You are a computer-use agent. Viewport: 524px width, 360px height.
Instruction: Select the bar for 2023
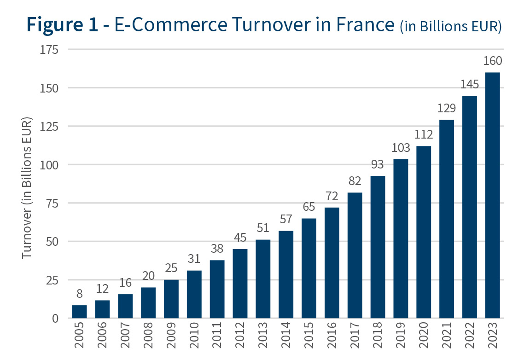click(492, 195)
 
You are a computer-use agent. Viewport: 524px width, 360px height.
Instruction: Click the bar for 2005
click(79, 312)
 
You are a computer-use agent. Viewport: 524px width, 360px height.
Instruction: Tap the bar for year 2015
click(309, 268)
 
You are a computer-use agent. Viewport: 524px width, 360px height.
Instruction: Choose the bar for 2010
click(194, 294)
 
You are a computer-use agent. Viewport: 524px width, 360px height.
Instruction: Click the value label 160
click(492, 61)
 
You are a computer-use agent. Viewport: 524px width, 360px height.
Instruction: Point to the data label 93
click(378, 164)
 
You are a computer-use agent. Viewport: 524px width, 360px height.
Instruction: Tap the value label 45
click(240, 238)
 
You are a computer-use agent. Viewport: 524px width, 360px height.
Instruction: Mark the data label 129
click(446, 109)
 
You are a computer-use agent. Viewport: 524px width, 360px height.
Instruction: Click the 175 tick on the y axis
click(49, 49)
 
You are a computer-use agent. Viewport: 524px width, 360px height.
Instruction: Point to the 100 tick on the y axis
click(49, 165)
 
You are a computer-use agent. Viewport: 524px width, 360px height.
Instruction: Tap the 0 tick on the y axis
click(55, 319)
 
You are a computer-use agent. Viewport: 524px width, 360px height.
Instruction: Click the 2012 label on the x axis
click(240, 338)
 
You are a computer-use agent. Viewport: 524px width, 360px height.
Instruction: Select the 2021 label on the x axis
click(447, 338)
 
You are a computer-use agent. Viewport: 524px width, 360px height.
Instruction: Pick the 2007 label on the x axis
click(125, 338)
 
